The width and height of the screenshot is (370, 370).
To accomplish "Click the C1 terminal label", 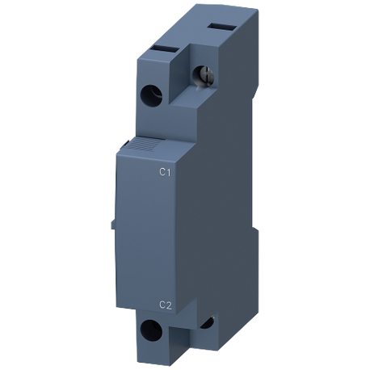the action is click(165, 172).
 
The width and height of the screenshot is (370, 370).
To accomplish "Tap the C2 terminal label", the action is click(166, 305).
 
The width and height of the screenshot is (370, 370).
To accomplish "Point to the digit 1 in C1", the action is click(168, 172).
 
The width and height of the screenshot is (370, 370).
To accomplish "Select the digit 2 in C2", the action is click(169, 305).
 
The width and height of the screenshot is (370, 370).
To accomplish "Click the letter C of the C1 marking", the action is click(162, 172).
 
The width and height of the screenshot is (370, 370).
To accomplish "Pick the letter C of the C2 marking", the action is click(162, 305).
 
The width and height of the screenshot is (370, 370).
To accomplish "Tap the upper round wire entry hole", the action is click(151, 95).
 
